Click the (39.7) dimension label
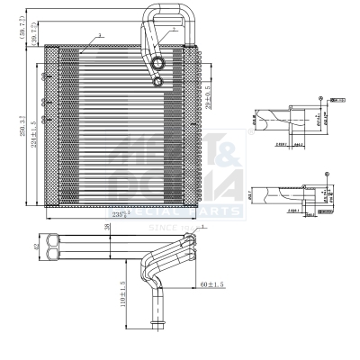(34, 35)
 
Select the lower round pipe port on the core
(158, 83)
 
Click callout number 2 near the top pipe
(174, 30)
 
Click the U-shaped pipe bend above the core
(169, 13)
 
